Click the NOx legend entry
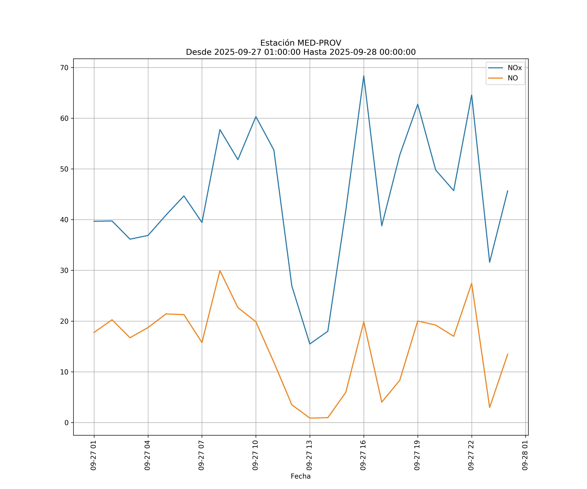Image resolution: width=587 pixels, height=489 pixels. pyautogui.click(x=514, y=68)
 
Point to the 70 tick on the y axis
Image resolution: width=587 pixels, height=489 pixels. pyautogui.click(x=64, y=68)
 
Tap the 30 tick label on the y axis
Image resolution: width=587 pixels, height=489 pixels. pyautogui.click(x=64, y=270)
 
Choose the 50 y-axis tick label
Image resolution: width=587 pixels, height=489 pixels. pyautogui.click(x=64, y=169)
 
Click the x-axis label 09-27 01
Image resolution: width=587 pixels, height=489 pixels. pyautogui.click(x=93, y=455)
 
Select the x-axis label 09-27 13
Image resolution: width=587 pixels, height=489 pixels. pyautogui.click(x=309, y=455)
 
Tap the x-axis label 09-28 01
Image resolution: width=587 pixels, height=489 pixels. pyautogui.click(x=525, y=455)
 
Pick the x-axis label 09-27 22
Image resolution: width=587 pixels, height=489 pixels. pyautogui.click(x=471, y=455)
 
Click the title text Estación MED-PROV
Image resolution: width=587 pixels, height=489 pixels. pyautogui.click(x=301, y=43)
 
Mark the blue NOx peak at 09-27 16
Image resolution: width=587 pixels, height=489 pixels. pyautogui.click(x=364, y=76)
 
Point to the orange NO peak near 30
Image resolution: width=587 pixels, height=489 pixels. pyautogui.click(x=220, y=270)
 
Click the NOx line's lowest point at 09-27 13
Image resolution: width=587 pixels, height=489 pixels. pyautogui.click(x=310, y=344)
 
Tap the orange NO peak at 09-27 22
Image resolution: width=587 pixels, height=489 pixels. pyautogui.click(x=472, y=283)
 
